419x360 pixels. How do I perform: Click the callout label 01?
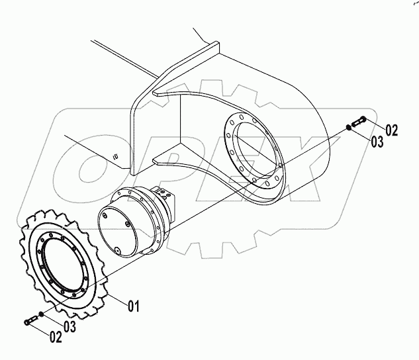point(134,306)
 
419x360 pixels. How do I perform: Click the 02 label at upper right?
point(391,130)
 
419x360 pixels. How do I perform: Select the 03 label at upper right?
point(377,142)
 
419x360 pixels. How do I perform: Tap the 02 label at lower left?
point(56,337)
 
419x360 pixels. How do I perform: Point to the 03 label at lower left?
point(70,326)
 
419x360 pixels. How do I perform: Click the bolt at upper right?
point(359,121)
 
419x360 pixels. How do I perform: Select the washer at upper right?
point(348,127)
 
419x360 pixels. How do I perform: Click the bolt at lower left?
point(31,320)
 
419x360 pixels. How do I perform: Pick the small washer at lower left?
point(41,314)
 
